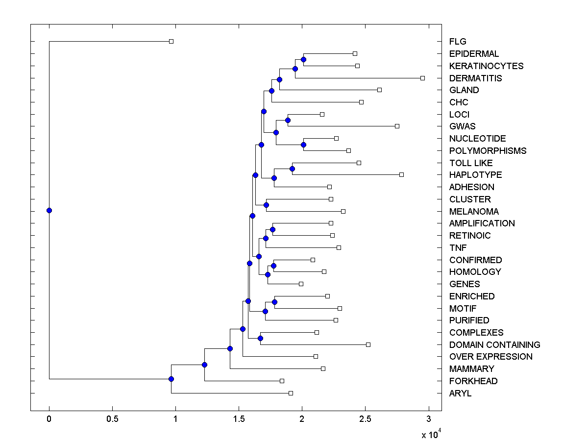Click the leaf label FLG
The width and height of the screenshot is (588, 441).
(x=458, y=42)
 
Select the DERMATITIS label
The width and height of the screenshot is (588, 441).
(x=475, y=78)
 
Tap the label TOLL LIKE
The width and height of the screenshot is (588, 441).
(x=471, y=163)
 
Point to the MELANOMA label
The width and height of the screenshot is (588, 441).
(x=474, y=212)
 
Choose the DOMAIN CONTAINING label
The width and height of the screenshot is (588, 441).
(x=494, y=345)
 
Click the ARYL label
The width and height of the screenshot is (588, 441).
(x=460, y=393)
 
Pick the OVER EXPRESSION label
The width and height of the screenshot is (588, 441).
(x=490, y=357)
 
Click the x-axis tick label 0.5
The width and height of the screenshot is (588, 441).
(x=112, y=419)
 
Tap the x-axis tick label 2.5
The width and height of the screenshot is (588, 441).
(x=365, y=419)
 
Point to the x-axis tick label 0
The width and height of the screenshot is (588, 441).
(x=49, y=419)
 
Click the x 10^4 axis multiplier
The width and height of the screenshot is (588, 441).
(x=431, y=434)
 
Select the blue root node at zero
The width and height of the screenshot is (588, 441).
(x=49, y=210)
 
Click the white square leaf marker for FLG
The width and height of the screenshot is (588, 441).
(x=171, y=41)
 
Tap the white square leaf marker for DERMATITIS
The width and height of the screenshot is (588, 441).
(x=422, y=78)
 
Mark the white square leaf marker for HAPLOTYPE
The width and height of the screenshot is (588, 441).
(x=401, y=174)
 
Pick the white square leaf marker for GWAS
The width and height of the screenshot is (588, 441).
(x=397, y=126)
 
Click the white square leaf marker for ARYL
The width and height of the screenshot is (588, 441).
(x=291, y=393)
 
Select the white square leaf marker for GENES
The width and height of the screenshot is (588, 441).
(x=301, y=284)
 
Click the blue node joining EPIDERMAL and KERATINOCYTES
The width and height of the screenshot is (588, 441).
(x=303, y=59)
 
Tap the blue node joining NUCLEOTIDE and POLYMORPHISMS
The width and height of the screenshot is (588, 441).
(x=303, y=145)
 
